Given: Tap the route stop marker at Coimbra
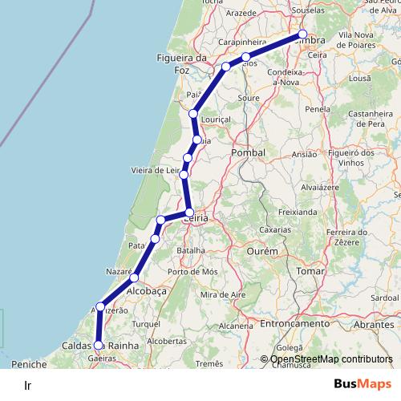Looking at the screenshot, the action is [302, 34].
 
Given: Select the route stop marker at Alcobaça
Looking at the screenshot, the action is [135, 277].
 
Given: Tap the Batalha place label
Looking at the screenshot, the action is [191, 250].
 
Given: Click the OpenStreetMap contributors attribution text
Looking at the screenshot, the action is [331, 359].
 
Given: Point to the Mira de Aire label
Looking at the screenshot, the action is [222, 295].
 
